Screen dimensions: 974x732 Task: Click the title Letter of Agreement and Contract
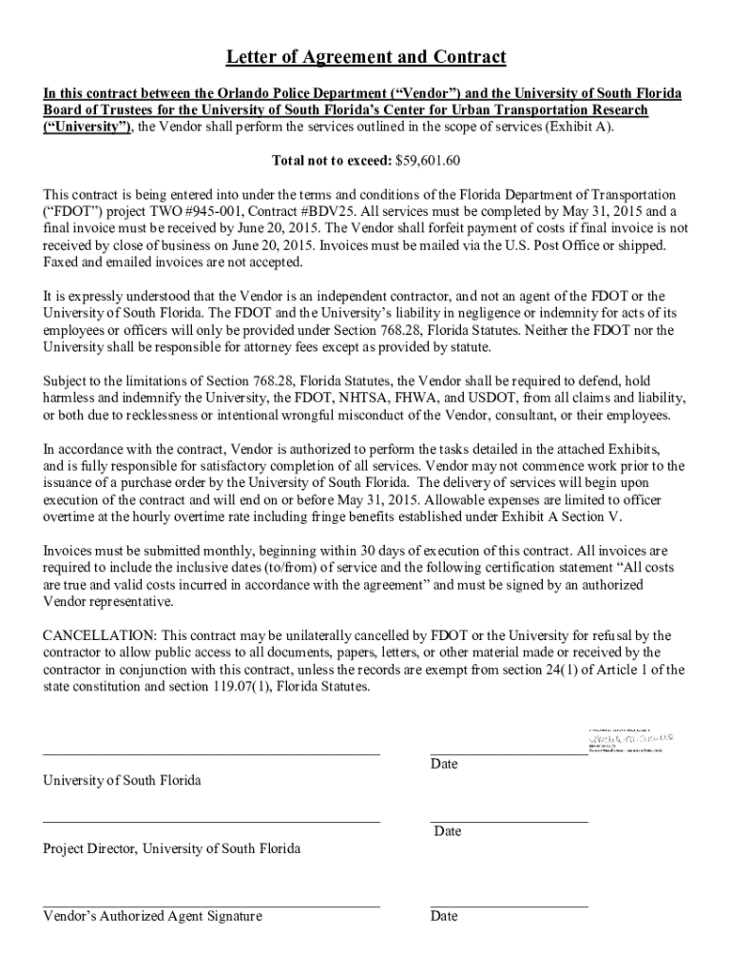tap(366, 58)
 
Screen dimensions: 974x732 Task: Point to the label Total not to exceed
tap(331, 160)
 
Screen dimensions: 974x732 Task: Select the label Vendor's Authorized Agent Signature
tap(152, 916)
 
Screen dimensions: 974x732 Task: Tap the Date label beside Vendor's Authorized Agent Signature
tap(444, 916)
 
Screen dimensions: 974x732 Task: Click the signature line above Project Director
tap(211, 821)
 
